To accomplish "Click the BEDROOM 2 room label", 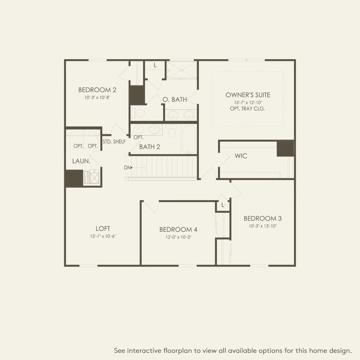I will tap(97, 90).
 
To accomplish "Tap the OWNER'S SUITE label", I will tap(248, 95).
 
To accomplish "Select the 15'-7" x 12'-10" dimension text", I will tap(248, 102).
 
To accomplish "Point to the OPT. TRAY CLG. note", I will tap(248, 109).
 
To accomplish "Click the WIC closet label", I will tap(241, 156).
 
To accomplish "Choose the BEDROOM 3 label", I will tap(262, 218).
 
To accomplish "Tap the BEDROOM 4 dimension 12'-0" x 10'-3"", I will tap(178, 237).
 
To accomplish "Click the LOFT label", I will tap(103, 229).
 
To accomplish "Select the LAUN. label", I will tap(81, 161).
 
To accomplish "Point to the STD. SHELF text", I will tap(114, 142).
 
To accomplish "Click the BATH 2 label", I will tap(150, 147).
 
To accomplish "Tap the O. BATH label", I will tap(175, 100).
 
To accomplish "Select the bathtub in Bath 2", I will tap(189, 139).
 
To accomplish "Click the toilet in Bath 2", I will tap(172, 132).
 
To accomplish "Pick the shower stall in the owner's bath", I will tap(182, 70).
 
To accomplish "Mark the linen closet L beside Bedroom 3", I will tap(223, 205).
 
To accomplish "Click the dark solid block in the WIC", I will tap(285, 149).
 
